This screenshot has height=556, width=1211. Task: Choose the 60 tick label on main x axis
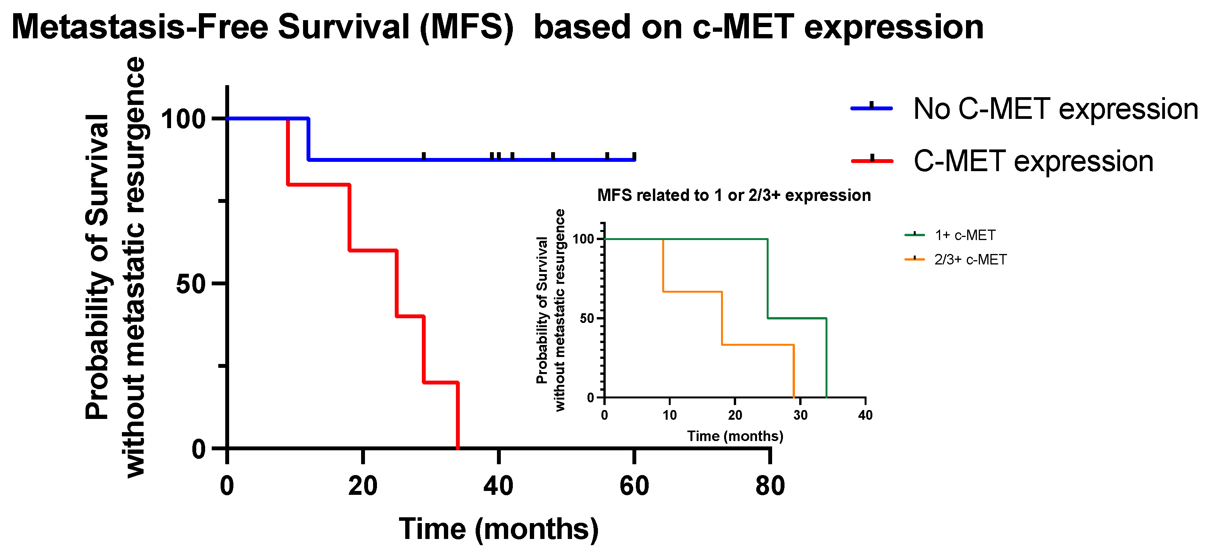pos(634,486)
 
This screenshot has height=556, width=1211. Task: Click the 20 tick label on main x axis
pos(363,486)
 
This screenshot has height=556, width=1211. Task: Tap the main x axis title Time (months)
pos(498,529)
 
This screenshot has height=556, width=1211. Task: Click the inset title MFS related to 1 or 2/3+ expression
pos(734,195)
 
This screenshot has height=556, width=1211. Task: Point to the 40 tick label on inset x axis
pos(865,415)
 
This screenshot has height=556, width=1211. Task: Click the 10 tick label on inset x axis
pos(670,415)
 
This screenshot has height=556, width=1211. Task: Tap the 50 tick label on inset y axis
pos(587,318)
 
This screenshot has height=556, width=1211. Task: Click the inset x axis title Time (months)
pos(735,436)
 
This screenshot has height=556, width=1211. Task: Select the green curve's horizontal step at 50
pos(796,318)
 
